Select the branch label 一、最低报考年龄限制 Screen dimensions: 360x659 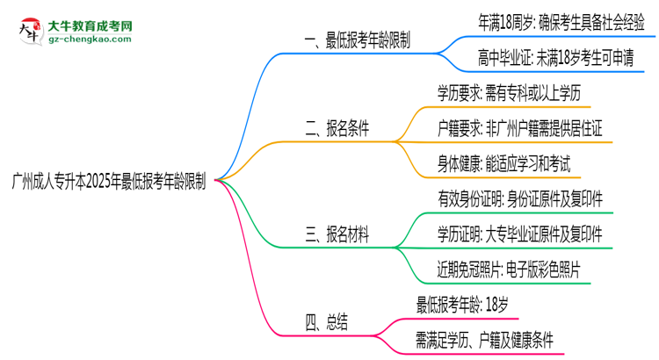[x=356, y=41]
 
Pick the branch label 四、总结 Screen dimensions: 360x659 [x=326, y=321]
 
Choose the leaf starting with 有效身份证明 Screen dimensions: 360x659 [x=519, y=199]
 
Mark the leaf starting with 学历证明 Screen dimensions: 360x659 [x=519, y=234]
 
